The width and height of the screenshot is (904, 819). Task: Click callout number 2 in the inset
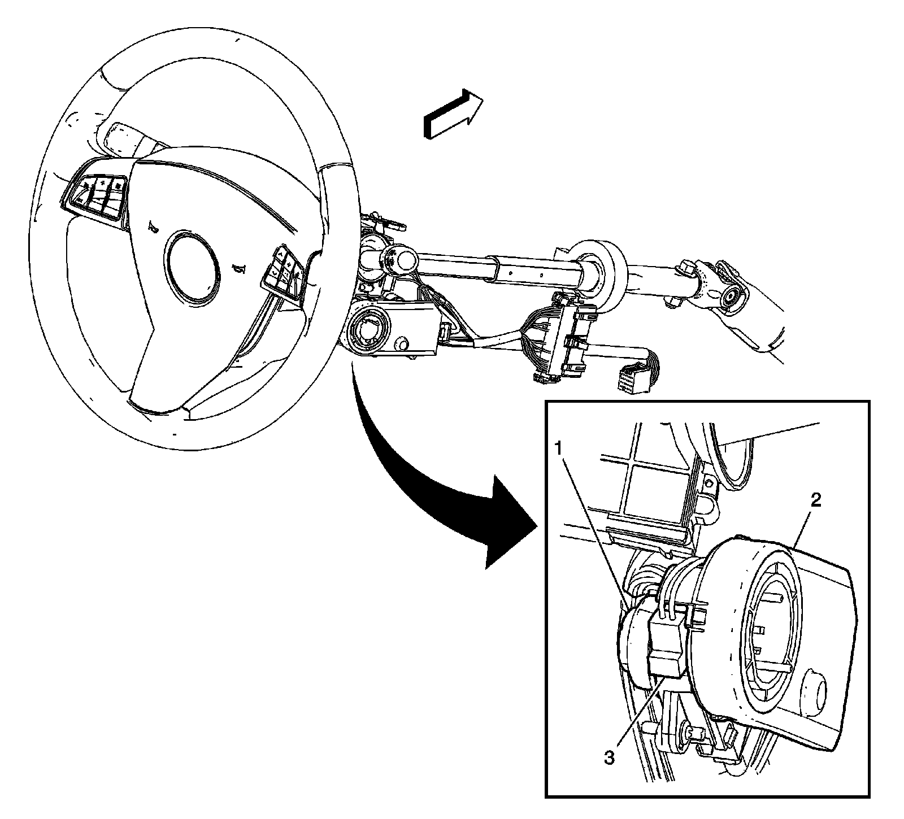[x=815, y=499]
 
